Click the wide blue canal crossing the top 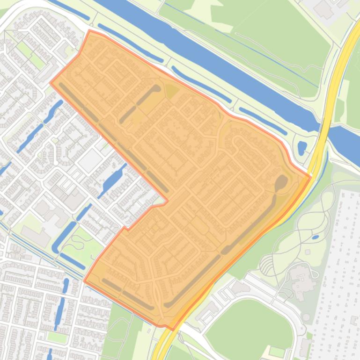pyautogui.click(x=211, y=51)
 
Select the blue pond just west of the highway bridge pyautogui.click(x=302, y=148)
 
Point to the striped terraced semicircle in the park pyautogui.click(x=266, y=266)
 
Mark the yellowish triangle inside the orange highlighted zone pyautogui.click(x=171, y=91)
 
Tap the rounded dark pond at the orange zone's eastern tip pyautogui.click(x=281, y=183)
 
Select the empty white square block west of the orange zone pyautogui.click(x=89, y=161)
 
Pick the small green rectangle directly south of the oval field pyautogui.click(x=277, y=351)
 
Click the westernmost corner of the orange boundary pyautogui.click(x=51, y=83)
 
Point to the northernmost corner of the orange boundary pyautogui.click(x=90, y=31)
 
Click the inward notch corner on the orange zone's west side pyautogui.click(x=167, y=202)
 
